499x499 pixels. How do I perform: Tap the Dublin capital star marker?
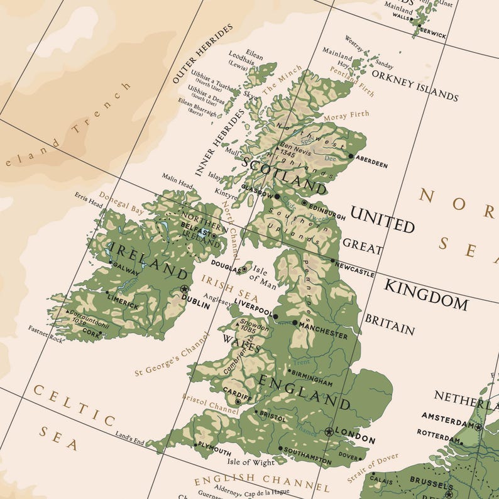tap(184, 289)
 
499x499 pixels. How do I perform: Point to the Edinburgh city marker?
tap(305, 203)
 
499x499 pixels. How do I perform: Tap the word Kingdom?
tap(425, 295)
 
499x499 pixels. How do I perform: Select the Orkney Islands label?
tap(415, 85)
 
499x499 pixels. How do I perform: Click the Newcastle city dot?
tap(333, 260)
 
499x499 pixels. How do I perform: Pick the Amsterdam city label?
tap(446, 417)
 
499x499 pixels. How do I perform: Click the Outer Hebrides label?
tap(201, 53)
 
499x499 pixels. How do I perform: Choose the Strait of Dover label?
tap(373, 468)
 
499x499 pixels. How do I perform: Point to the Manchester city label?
tap(323, 331)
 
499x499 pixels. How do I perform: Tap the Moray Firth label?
tap(346, 116)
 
